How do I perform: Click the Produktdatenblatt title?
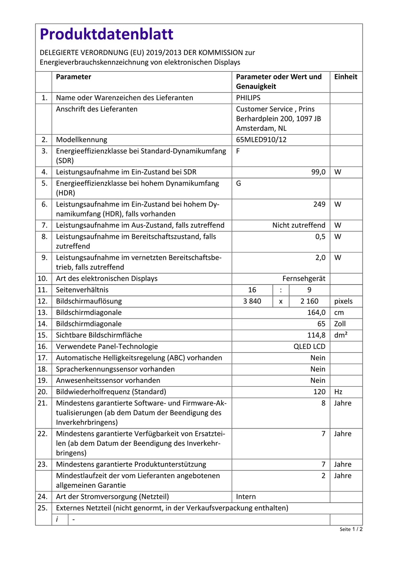(x=106, y=34)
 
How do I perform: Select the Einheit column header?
(x=345, y=77)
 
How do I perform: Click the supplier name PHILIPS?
(x=248, y=98)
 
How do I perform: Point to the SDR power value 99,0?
(x=318, y=172)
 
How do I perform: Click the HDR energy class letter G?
(x=239, y=183)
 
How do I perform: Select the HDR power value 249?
(x=319, y=204)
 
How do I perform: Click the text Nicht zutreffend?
(x=298, y=226)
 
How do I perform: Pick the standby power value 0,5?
(x=320, y=237)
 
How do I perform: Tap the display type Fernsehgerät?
(x=304, y=279)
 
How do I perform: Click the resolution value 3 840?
(x=253, y=301)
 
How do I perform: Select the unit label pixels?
(x=344, y=301)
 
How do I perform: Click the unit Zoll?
(x=340, y=324)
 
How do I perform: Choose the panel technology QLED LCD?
(x=310, y=346)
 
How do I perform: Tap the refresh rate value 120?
(x=319, y=392)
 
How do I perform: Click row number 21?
(x=43, y=403)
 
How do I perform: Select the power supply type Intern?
(x=246, y=497)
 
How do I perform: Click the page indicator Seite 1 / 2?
(x=351, y=529)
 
